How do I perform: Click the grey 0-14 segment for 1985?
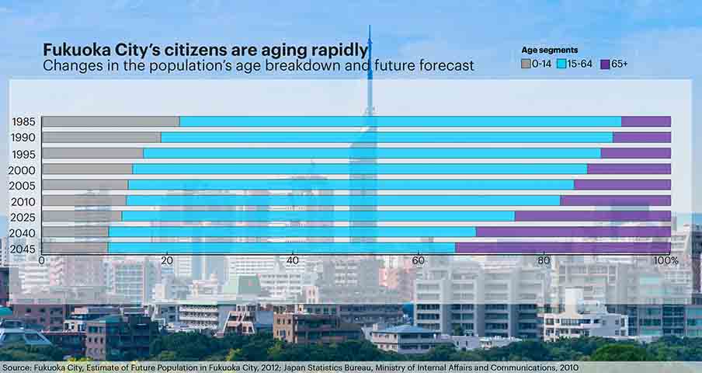(111, 121)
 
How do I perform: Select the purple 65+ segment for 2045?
(563, 248)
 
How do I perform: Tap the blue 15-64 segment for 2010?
(343, 200)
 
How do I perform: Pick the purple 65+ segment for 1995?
(636, 153)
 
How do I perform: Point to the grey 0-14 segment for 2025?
(82, 216)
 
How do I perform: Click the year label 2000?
(22, 170)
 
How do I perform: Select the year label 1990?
(23, 138)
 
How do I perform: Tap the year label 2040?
(23, 233)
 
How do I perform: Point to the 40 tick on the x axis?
(292, 260)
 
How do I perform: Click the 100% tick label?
(666, 260)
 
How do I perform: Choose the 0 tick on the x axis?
(42, 260)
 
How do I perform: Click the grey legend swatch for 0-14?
(526, 64)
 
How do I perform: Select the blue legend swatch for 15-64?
(561, 64)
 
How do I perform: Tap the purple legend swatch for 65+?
(605, 64)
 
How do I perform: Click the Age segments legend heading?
(549, 51)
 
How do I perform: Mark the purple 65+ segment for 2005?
(622, 184)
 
